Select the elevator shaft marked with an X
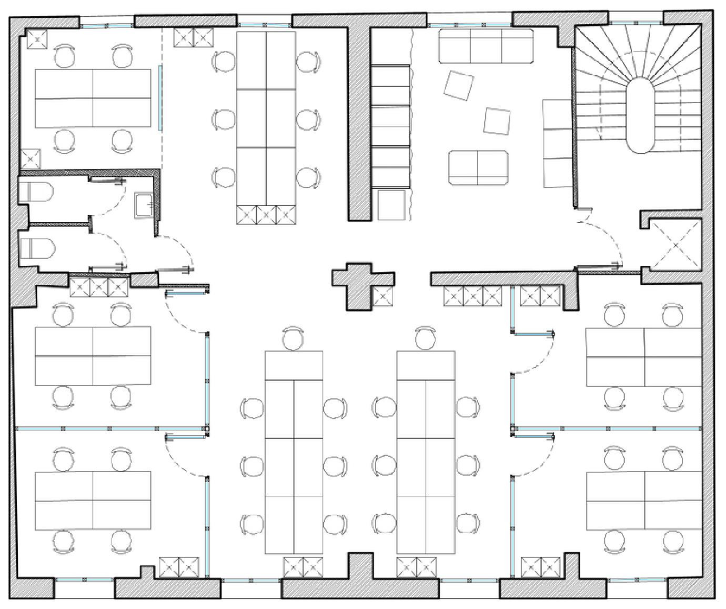pos(675,245)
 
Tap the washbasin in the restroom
pos(144,205)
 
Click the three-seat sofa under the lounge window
pos(486,46)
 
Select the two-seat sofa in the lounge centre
pos(478,168)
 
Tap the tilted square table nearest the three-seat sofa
pos(458,85)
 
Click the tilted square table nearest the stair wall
pos(497,121)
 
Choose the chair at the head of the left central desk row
pos(294,338)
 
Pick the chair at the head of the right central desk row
pos(425,338)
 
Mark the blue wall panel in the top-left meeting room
pos(160,98)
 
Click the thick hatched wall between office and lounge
pos(359,124)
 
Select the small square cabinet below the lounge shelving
pos(391,205)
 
